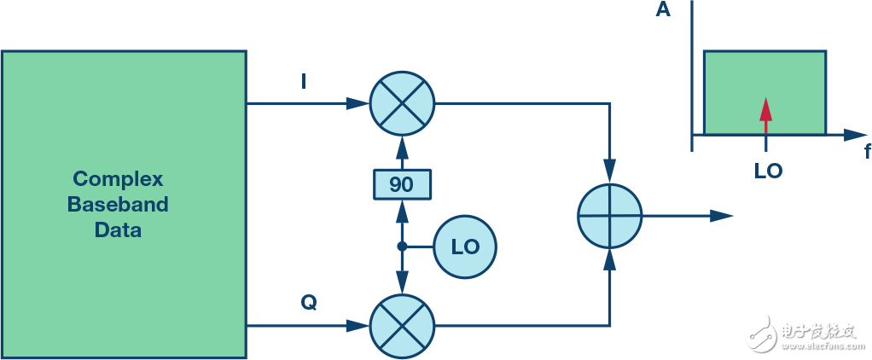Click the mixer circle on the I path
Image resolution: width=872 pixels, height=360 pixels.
pos(402,103)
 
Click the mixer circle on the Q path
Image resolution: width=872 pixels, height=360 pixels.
pos(402,326)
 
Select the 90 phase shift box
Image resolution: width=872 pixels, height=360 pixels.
pos(402,185)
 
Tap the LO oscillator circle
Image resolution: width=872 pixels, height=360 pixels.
pos(465,247)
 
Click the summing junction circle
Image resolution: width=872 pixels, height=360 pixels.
pos(610,216)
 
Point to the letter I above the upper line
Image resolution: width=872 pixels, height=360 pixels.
pos(303,83)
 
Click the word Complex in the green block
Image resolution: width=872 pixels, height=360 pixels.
pos(118,179)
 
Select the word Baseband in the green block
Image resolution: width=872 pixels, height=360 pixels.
pos(118,204)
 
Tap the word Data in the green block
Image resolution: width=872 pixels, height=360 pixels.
pos(118,229)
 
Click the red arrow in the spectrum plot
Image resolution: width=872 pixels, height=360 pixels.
pos(766,116)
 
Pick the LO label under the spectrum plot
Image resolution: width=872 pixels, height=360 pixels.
pos(768,171)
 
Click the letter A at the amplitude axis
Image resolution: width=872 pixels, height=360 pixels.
pos(663,10)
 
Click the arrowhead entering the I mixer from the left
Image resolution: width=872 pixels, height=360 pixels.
pos(358,103)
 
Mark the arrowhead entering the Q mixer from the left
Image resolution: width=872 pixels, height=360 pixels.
pos(358,326)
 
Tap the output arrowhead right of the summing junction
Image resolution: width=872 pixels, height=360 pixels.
pos(722,216)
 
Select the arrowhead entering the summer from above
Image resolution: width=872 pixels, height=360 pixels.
pos(610,171)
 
